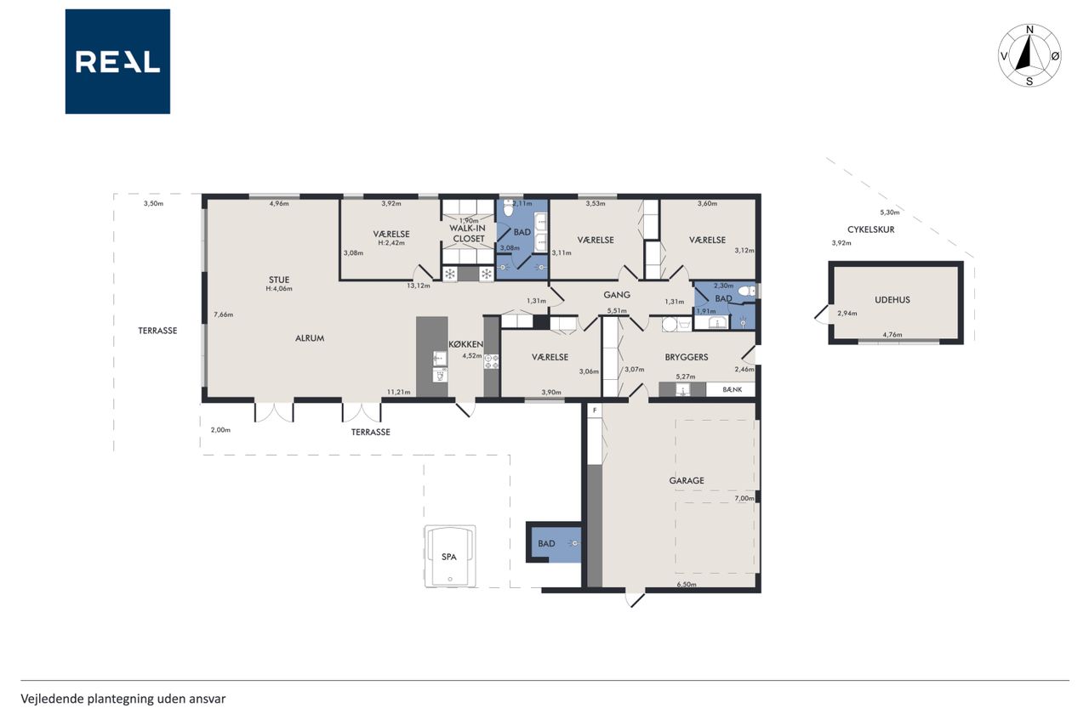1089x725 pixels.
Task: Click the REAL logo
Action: (117, 62)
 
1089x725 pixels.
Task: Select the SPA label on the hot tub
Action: (448, 557)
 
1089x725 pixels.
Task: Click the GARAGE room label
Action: (687, 480)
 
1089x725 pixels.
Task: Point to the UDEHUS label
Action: (892, 300)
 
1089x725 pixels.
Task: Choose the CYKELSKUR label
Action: (870, 229)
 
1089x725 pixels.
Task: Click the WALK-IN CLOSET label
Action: (469, 234)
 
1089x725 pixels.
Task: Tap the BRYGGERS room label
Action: (687, 358)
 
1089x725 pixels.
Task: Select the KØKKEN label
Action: (465, 344)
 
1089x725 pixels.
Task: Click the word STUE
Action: (279, 280)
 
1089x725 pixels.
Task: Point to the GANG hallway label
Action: (617, 295)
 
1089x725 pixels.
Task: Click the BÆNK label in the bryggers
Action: (733, 389)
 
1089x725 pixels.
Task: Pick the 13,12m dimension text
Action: (419, 286)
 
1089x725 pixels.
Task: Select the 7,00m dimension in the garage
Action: (744, 498)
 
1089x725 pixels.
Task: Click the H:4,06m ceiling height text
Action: (279, 288)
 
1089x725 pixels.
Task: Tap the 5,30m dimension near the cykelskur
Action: (890, 212)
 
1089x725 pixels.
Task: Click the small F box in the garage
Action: (594, 411)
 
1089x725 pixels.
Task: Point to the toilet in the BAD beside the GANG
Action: (746, 292)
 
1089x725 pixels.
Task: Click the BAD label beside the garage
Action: (546, 543)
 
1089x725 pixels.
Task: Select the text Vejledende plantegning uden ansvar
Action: (123, 700)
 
